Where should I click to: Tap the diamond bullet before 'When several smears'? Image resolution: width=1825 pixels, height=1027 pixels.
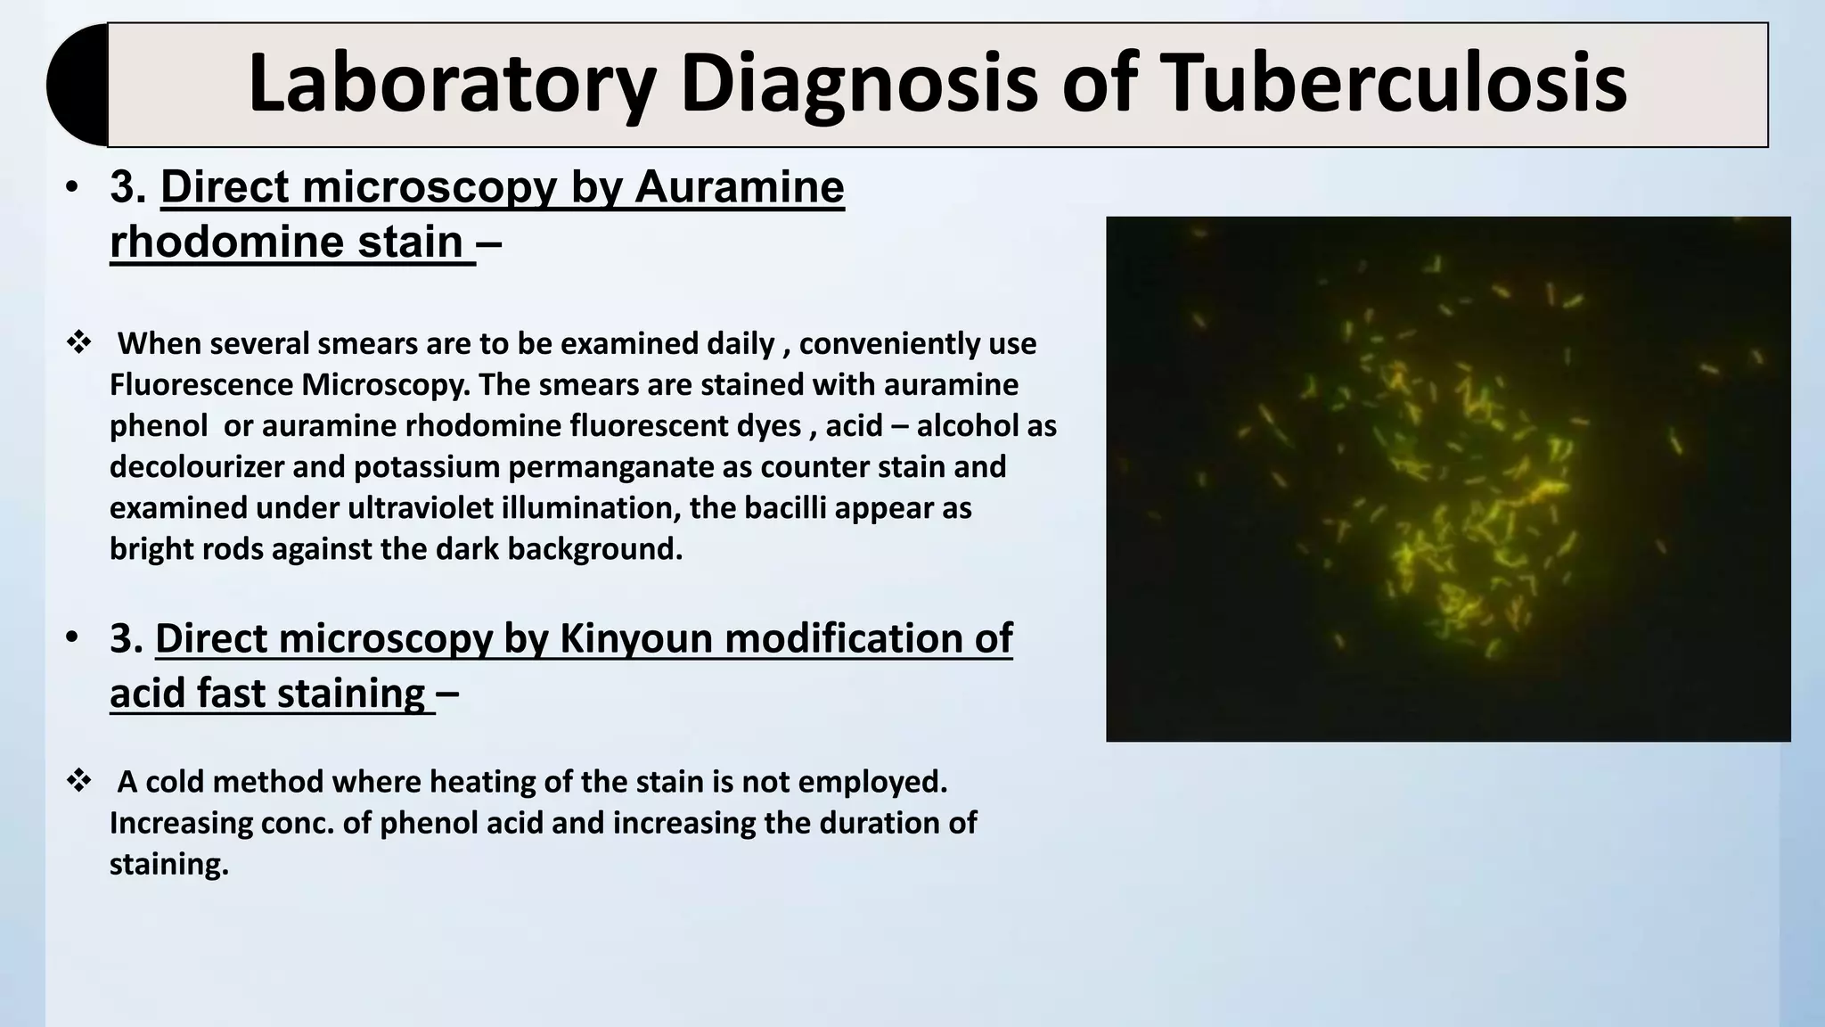coord(78,342)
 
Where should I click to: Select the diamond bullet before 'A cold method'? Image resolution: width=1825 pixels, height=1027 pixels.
coord(78,781)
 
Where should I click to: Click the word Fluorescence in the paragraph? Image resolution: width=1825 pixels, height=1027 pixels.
coord(201,384)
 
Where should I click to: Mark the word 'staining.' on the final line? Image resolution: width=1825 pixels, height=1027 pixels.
coord(169,864)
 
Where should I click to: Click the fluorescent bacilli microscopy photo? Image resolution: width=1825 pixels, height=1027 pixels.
coord(1447,479)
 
